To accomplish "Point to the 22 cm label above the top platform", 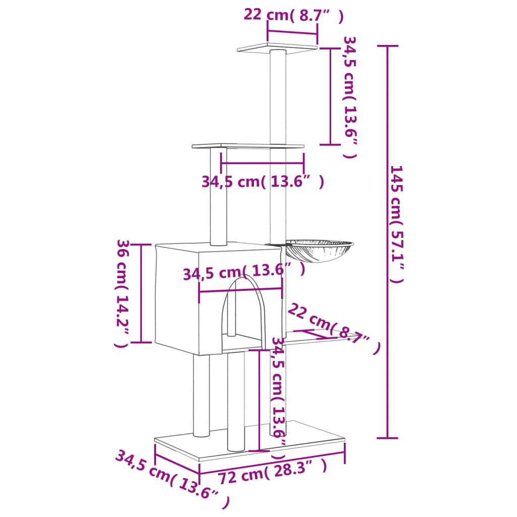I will (293, 15).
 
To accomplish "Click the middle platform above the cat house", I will (248, 146).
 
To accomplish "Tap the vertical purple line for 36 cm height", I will (141, 293).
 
